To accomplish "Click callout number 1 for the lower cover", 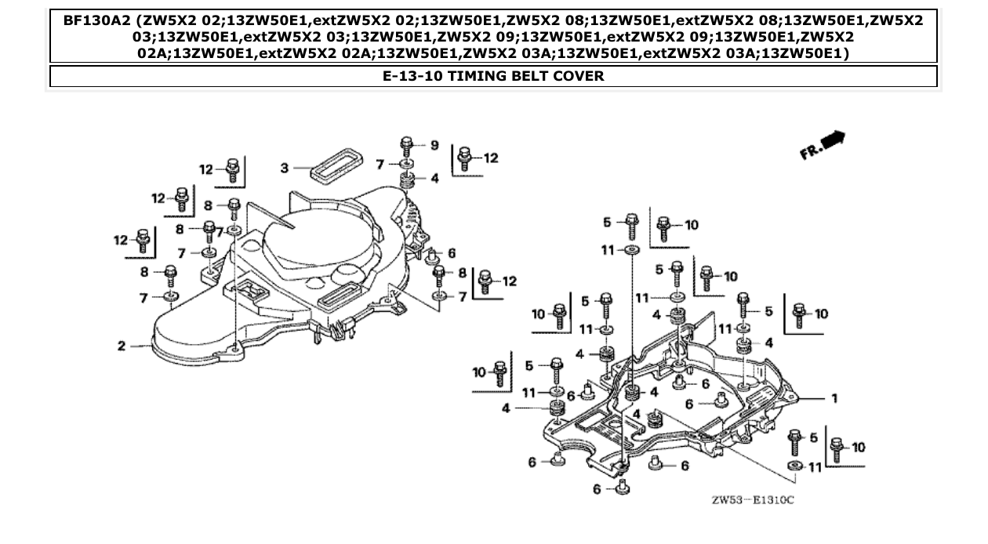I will [x=834, y=398].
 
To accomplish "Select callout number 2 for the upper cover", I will [x=122, y=346].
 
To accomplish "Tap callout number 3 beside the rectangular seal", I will [x=285, y=168].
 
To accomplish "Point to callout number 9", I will [x=434, y=145].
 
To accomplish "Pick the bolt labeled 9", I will [x=406, y=146].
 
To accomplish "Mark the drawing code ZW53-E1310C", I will [x=752, y=499].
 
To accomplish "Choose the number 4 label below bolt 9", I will [x=434, y=179].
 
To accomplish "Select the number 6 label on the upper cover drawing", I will [x=451, y=254].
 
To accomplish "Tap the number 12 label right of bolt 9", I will [x=490, y=158].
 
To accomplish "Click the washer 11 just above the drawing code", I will [x=794, y=466].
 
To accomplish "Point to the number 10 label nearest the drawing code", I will [x=858, y=447].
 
